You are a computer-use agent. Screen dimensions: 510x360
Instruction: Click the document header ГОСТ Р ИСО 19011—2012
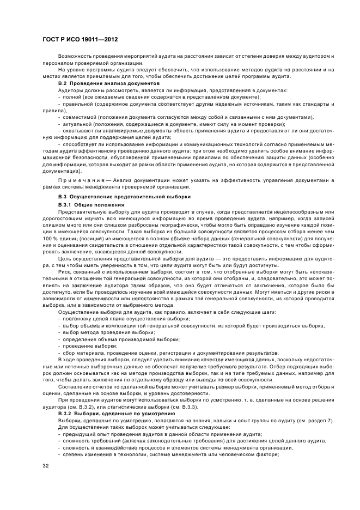[x=80, y=40]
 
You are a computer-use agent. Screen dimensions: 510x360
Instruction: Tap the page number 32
[x=46, y=466]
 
